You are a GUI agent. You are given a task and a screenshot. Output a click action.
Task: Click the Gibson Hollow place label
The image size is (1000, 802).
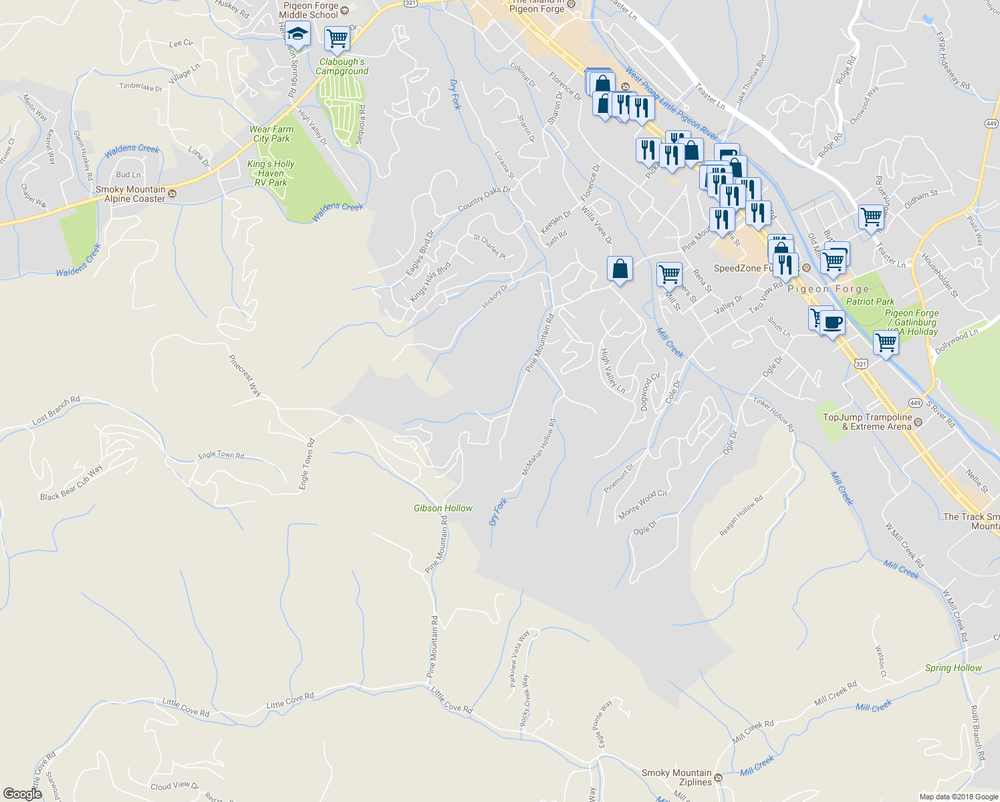tap(443, 509)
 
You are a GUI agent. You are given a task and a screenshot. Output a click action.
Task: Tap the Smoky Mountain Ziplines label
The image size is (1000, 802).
tap(676, 777)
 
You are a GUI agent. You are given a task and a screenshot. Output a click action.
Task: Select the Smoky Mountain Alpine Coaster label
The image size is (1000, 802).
tap(130, 194)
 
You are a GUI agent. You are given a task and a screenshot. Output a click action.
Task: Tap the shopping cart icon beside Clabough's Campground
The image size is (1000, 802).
tap(338, 38)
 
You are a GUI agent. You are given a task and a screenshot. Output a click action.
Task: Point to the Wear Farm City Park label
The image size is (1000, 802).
tap(271, 134)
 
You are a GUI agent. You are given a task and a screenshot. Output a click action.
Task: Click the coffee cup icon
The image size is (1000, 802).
tap(832, 323)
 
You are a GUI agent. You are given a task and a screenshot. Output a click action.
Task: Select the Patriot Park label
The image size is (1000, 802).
tap(870, 301)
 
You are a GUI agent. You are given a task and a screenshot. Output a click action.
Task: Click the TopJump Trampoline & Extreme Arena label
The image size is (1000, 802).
tap(867, 422)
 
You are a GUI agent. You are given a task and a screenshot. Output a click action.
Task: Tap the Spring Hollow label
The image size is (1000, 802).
tap(953, 668)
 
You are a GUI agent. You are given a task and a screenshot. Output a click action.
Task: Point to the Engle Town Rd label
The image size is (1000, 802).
tap(221, 455)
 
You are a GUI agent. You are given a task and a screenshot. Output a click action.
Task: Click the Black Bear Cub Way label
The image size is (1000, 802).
tap(72, 483)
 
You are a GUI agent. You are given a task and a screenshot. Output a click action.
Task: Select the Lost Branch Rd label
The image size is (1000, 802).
tap(56, 411)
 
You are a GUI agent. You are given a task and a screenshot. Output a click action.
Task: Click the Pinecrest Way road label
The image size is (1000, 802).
tap(245, 376)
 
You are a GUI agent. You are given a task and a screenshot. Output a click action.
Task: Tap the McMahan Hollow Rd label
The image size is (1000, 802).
tap(539, 448)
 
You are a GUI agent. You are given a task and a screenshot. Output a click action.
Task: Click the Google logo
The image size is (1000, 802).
tap(23, 793)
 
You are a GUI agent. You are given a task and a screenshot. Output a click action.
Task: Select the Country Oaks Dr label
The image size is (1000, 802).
tap(484, 199)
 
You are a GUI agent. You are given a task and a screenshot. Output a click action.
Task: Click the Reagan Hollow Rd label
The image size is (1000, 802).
tap(741, 516)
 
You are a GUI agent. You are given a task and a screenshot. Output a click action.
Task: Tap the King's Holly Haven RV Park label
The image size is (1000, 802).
tap(271, 173)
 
